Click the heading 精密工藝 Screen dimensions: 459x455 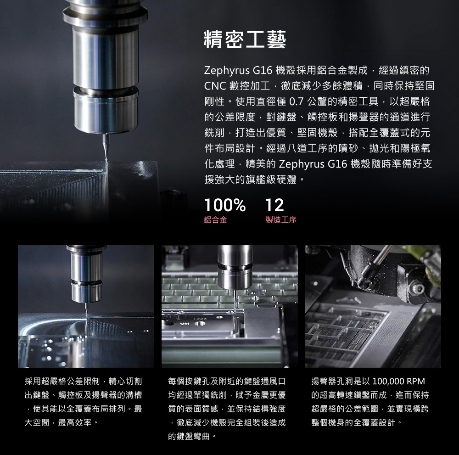pyautogui.click(x=245, y=39)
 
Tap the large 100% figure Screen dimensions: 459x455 pyautogui.click(x=225, y=205)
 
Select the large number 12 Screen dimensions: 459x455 pyautogui.click(x=274, y=205)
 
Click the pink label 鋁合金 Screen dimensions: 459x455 pyautogui.click(x=215, y=220)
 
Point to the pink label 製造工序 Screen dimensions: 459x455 pyautogui.click(x=281, y=220)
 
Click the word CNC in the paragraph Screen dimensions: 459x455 pyautogui.click(x=215, y=86)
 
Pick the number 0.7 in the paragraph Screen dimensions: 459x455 pyautogui.click(x=296, y=101)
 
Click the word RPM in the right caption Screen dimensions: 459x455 pyautogui.click(x=415, y=381)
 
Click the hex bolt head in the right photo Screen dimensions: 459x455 pyautogui.click(x=417, y=289)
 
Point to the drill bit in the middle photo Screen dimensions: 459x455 pyautogui.click(x=235, y=298)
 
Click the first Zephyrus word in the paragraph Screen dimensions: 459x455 pyautogui.click(x=227, y=71)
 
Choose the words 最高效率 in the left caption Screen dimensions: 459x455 pyautogui.click(x=75, y=422)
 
